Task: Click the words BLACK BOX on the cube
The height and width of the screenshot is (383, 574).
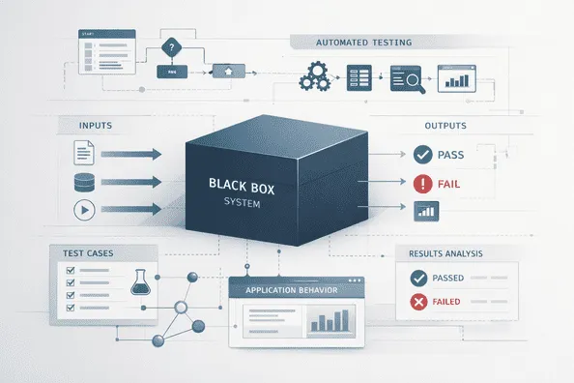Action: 242,183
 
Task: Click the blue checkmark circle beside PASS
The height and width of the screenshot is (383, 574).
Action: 422,153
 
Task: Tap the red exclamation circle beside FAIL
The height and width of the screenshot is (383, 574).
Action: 422,183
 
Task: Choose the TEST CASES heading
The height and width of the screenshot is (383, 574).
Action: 88,253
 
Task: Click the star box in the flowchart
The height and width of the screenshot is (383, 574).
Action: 229,71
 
